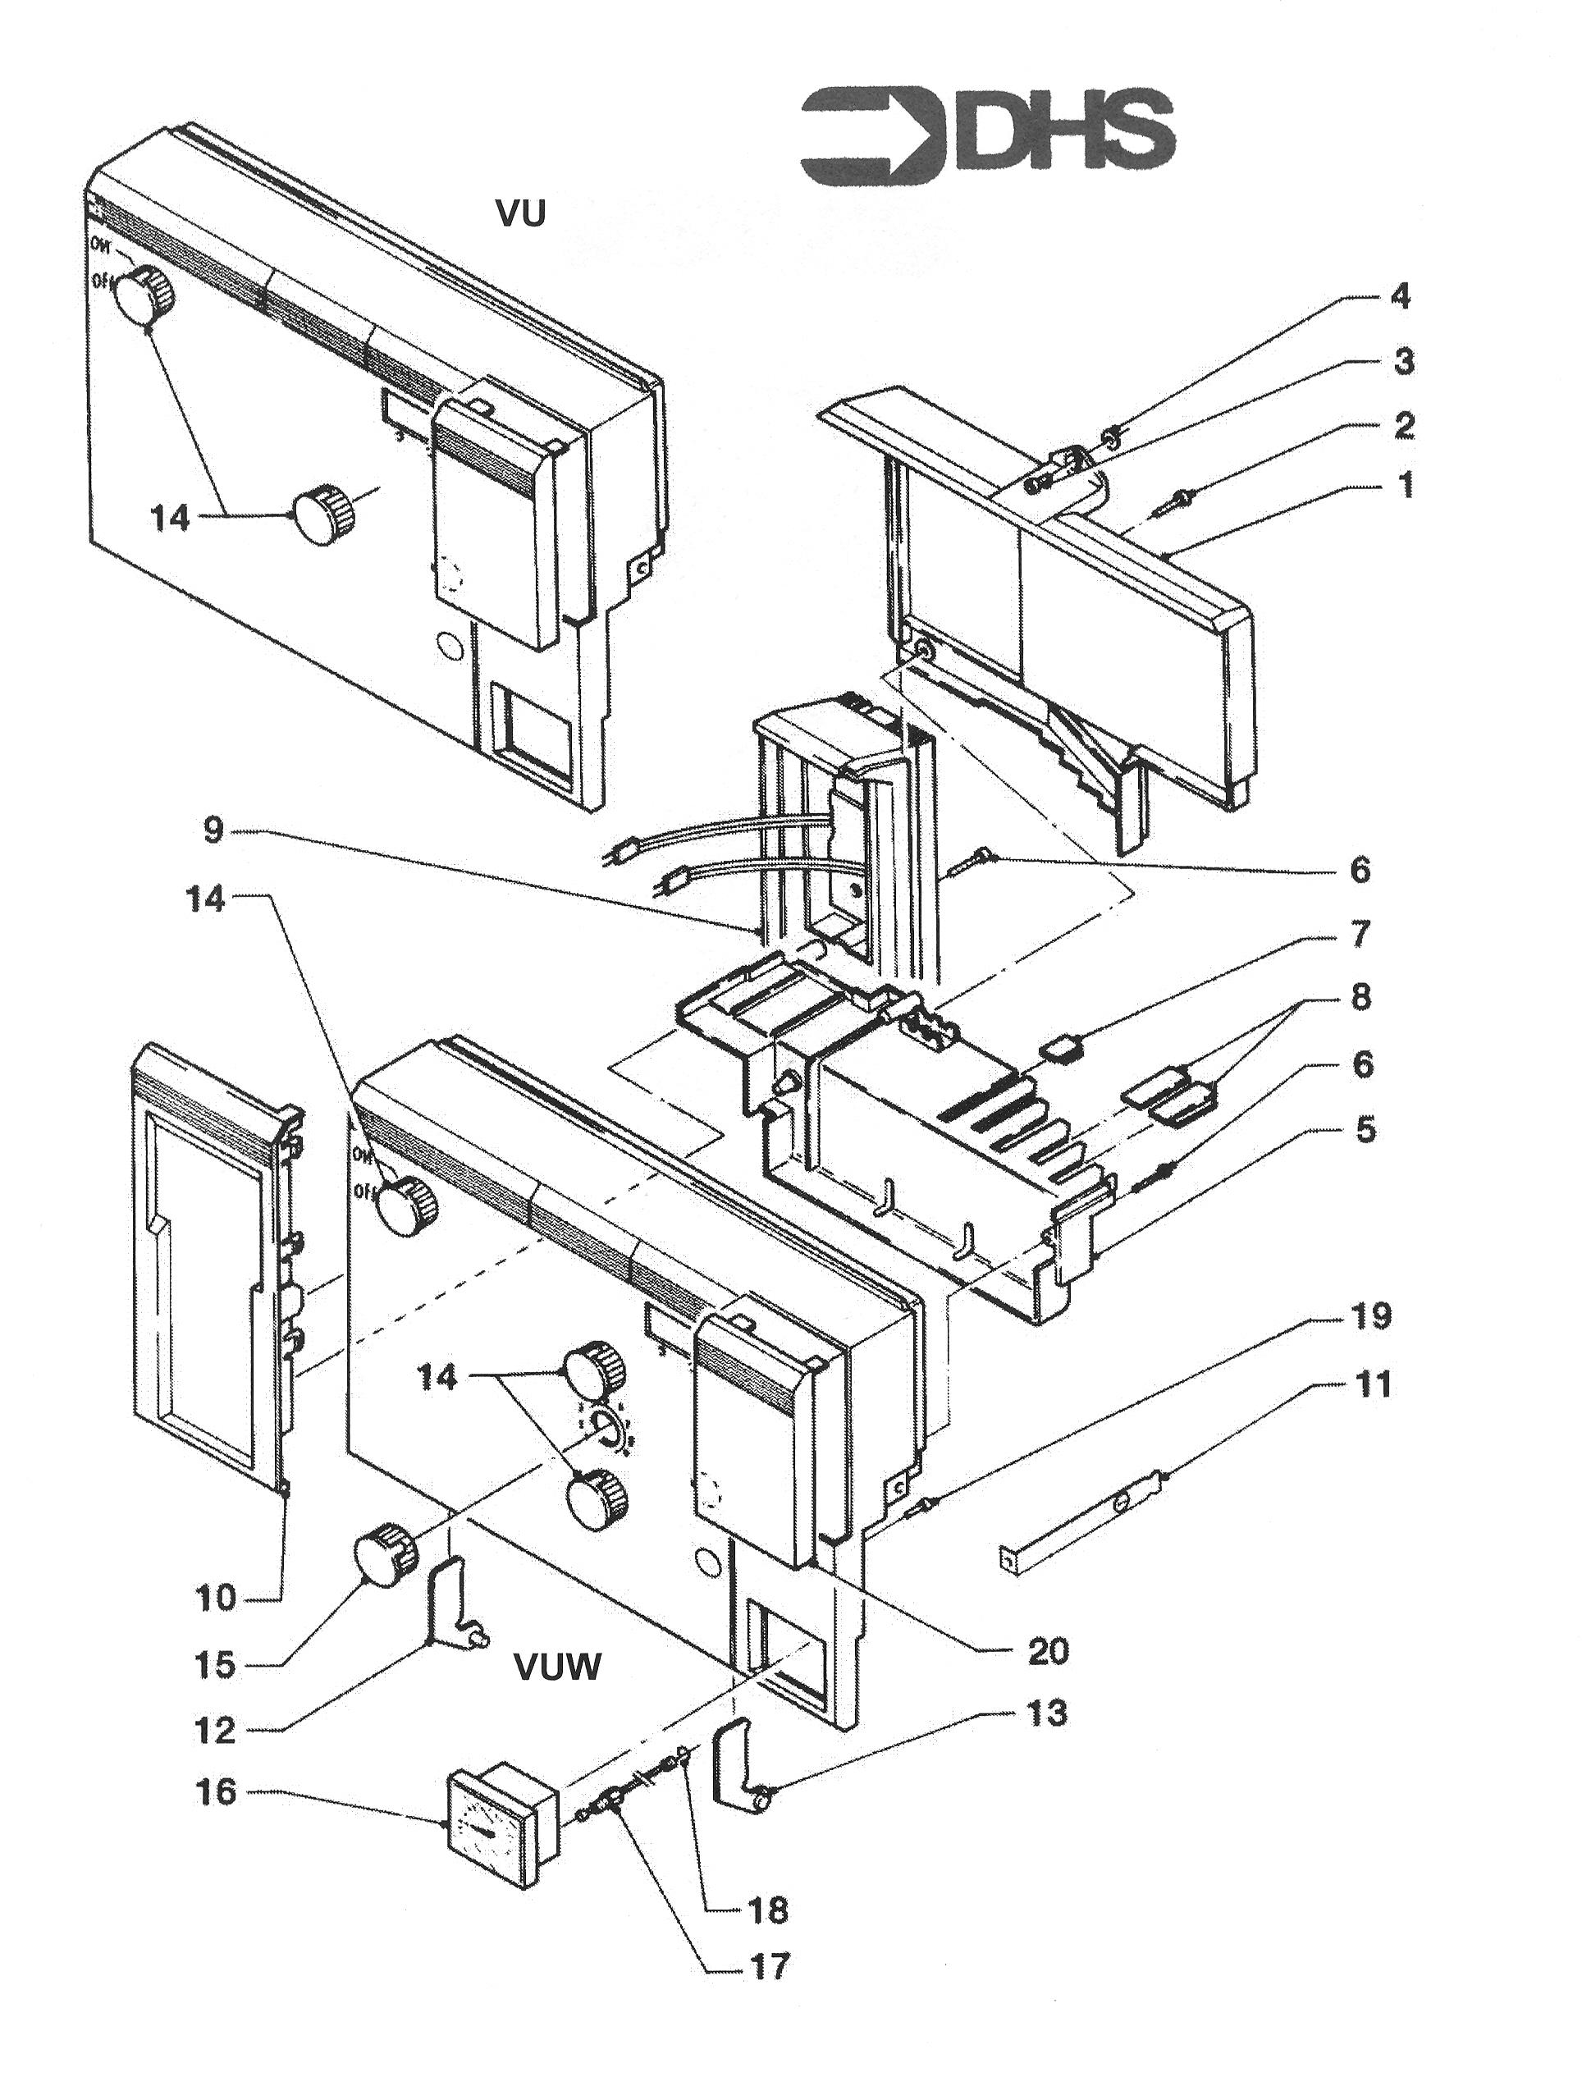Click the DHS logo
pyautogui.click(x=987, y=137)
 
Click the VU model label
pyautogui.click(x=521, y=215)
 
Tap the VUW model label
pyautogui.click(x=557, y=1667)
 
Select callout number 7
pyautogui.click(x=1360, y=934)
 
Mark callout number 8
pyautogui.click(x=1360, y=998)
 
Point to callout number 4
pyautogui.click(x=1400, y=296)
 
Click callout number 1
pyautogui.click(x=1405, y=487)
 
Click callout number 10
pyautogui.click(x=216, y=1599)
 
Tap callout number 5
pyautogui.click(x=1365, y=1129)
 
